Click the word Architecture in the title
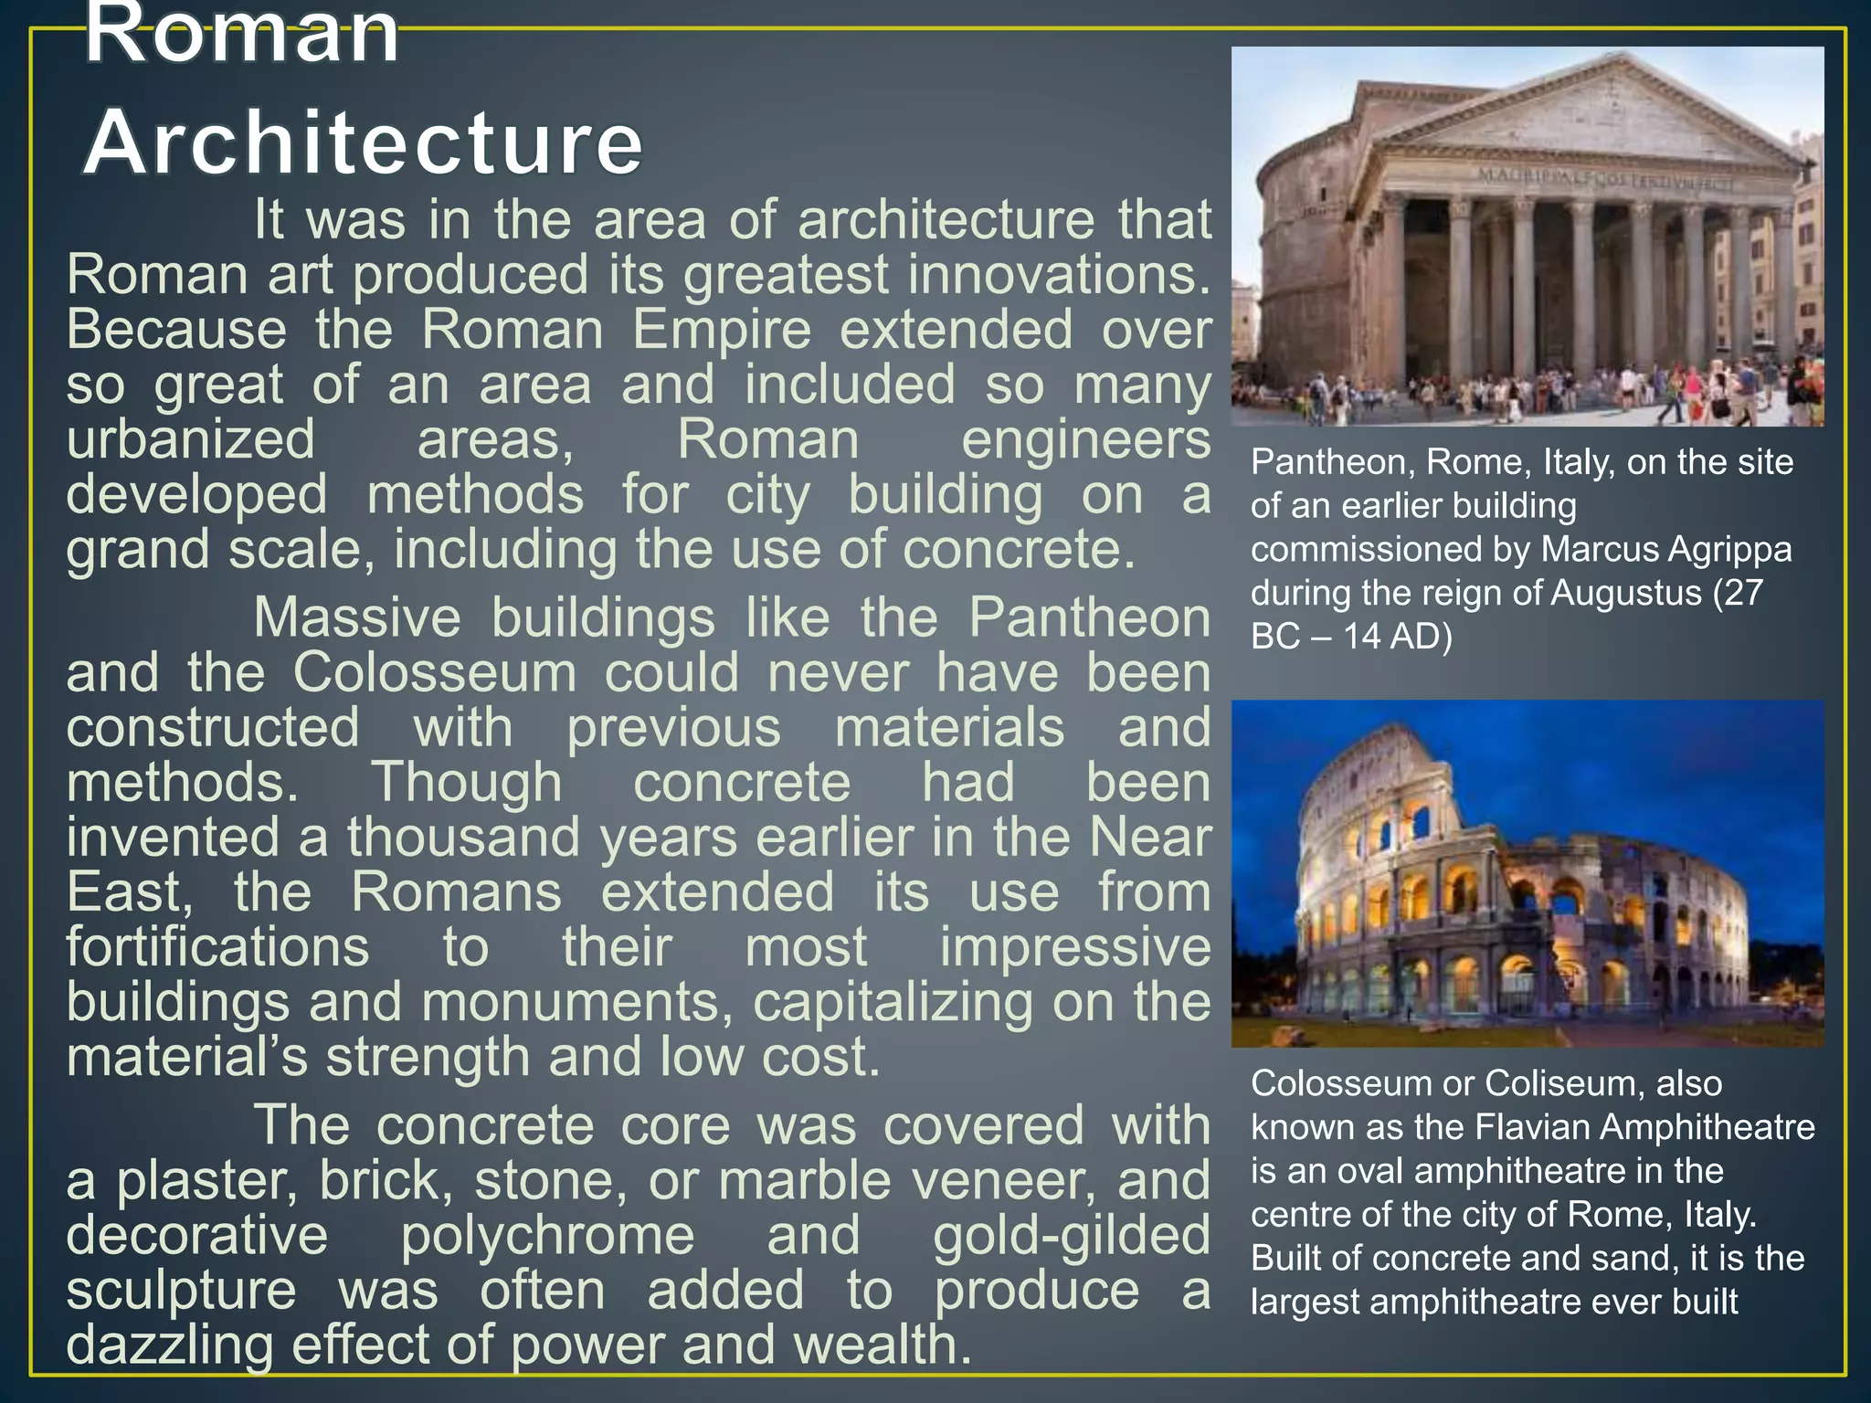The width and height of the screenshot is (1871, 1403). (x=364, y=143)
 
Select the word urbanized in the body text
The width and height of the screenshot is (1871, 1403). (x=190, y=439)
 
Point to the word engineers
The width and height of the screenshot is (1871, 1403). (x=1085, y=439)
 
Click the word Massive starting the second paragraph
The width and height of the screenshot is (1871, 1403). (x=357, y=617)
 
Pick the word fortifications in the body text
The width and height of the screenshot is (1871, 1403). (x=217, y=946)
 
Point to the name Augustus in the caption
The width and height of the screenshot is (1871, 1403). (x=1626, y=594)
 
